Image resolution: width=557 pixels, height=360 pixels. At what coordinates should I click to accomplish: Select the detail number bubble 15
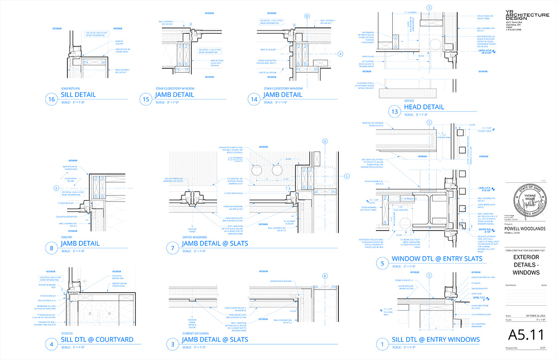(x=146, y=99)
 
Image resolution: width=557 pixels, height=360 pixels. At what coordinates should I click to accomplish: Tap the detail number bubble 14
(x=253, y=99)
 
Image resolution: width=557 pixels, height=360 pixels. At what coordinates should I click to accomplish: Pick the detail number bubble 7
(x=173, y=247)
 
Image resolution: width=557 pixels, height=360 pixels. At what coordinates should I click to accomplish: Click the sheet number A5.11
(x=525, y=334)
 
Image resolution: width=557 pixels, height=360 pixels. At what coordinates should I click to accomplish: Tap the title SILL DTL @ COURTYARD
(x=97, y=340)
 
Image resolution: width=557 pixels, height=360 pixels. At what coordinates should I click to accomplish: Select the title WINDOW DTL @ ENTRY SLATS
(x=437, y=258)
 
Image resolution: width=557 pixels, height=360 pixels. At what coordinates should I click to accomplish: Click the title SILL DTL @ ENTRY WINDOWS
(x=436, y=340)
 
